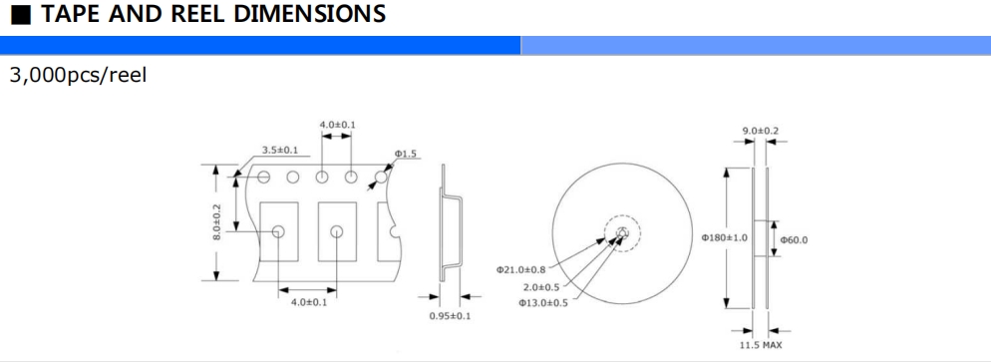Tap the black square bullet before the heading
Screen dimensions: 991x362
tap(21, 15)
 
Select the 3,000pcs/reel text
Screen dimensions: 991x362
tap(78, 75)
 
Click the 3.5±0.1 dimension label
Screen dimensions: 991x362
tap(280, 151)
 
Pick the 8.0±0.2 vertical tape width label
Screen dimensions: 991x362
tap(216, 221)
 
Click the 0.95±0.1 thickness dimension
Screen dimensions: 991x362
tap(450, 316)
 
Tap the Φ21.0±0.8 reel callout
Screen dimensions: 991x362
tap(520, 270)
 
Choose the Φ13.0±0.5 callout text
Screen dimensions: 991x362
tap(543, 303)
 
